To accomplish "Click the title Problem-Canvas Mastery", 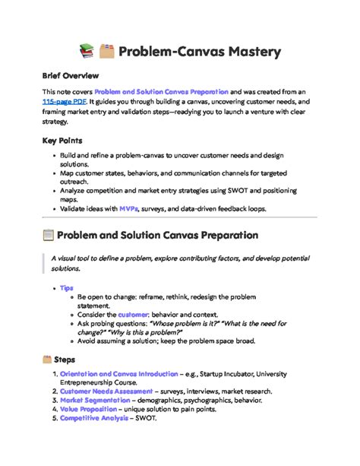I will pyautogui.click(x=201, y=52).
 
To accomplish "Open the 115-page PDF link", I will pyautogui.click(x=64, y=100).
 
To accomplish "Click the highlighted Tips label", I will pyautogui.click(x=66, y=289).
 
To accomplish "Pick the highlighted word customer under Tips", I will pyautogui.click(x=132, y=314).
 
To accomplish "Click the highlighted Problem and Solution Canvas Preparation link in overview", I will pyautogui.click(x=161, y=90).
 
